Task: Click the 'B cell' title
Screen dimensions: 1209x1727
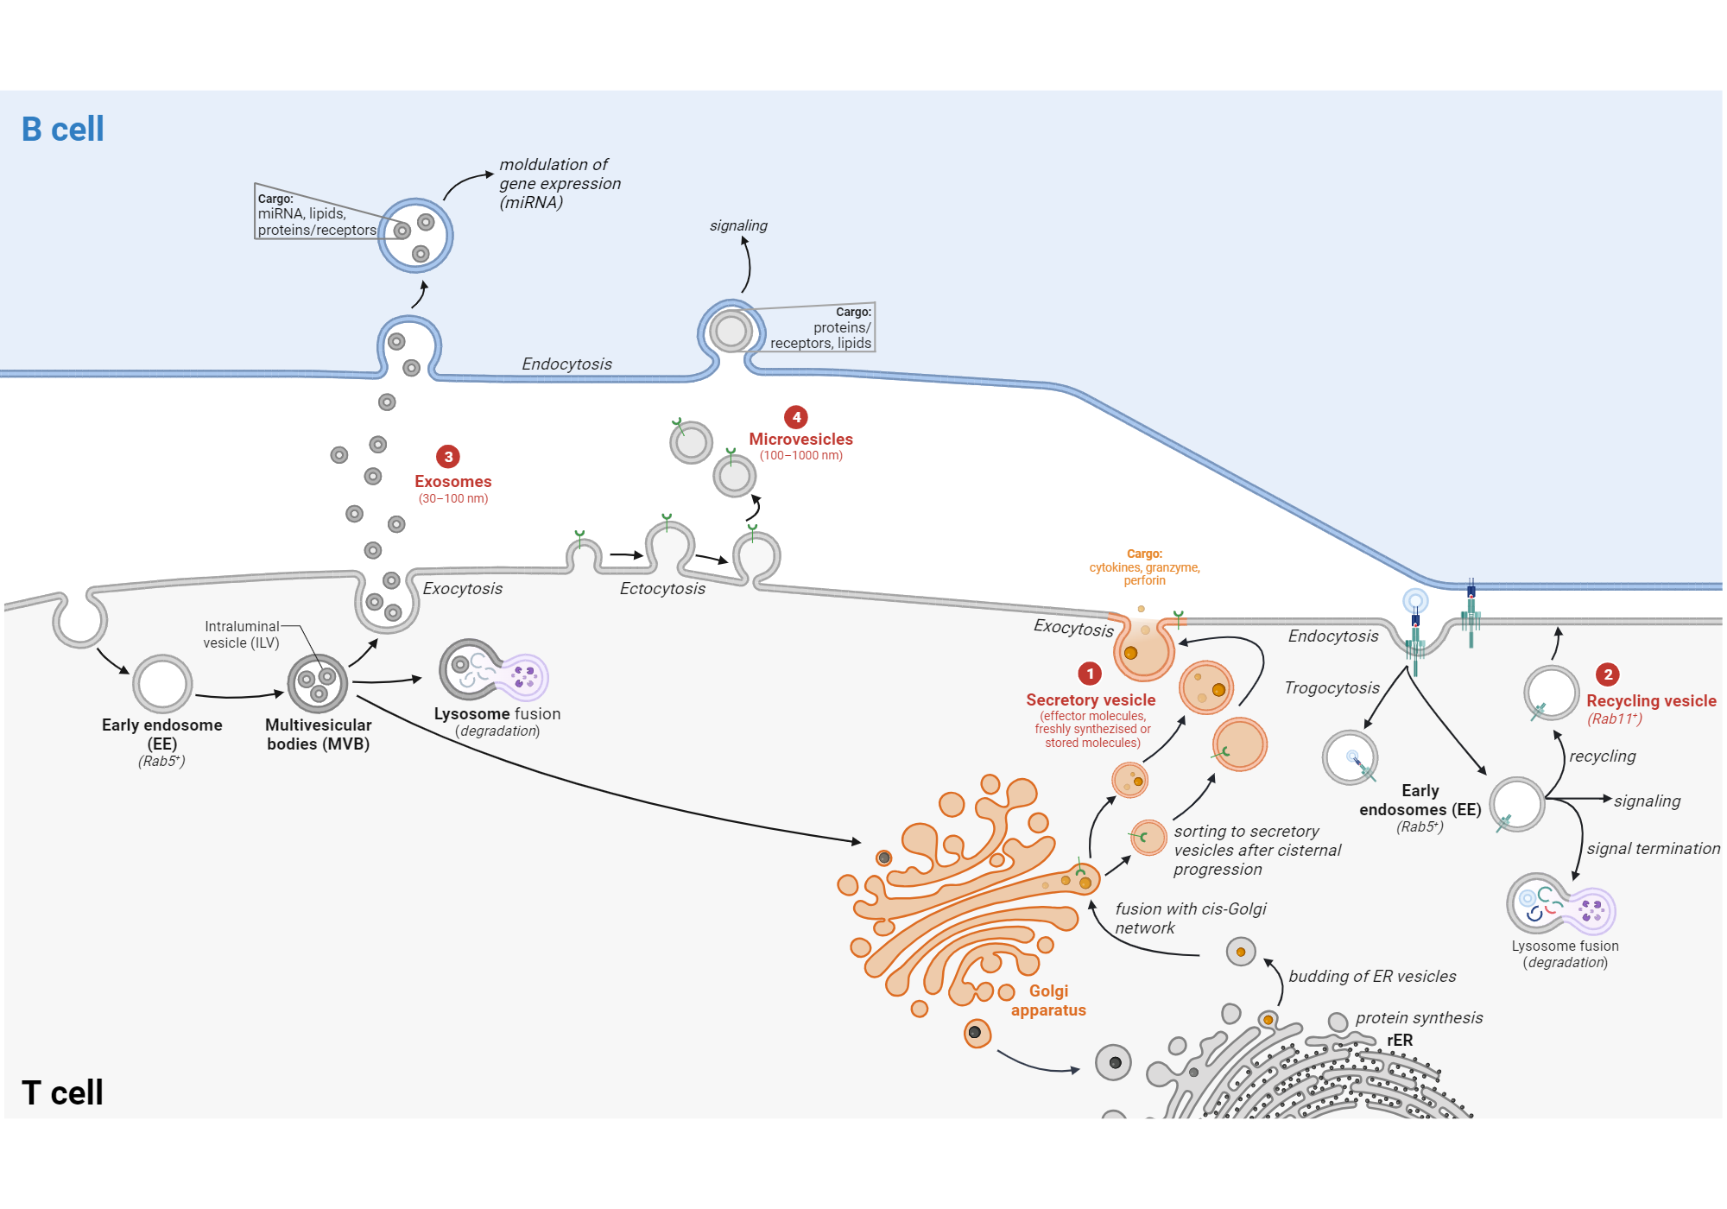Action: (x=62, y=130)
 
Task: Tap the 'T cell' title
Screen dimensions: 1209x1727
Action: (x=62, y=1093)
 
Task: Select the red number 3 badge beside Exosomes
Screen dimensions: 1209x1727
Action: (x=448, y=457)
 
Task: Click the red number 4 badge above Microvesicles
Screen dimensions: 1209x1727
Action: (x=796, y=417)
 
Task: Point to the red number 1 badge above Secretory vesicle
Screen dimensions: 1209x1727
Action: (x=1090, y=674)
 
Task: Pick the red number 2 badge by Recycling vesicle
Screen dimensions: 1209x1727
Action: (x=1608, y=674)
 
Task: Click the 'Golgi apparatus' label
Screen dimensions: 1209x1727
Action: (x=1048, y=1001)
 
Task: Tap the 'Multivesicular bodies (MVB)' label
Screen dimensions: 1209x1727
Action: (x=318, y=735)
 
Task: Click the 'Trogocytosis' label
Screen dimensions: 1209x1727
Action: (x=1332, y=688)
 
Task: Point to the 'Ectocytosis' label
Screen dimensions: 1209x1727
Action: (x=662, y=589)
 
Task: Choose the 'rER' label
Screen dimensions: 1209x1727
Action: (x=1400, y=1041)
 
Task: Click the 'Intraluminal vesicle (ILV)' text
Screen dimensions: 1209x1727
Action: (x=242, y=635)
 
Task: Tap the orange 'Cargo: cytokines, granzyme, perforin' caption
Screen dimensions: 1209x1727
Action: (x=1144, y=567)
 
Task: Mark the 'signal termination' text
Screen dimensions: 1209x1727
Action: (x=1653, y=849)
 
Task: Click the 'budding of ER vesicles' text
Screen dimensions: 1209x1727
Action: (x=1372, y=977)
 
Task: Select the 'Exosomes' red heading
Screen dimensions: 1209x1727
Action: (x=452, y=482)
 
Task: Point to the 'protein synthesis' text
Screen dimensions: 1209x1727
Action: (x=1419, y=1018)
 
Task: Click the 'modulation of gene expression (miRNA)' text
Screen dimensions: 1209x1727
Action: (x=560, y=183)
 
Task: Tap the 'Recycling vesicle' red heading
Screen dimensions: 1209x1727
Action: (x=1651, y=701)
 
